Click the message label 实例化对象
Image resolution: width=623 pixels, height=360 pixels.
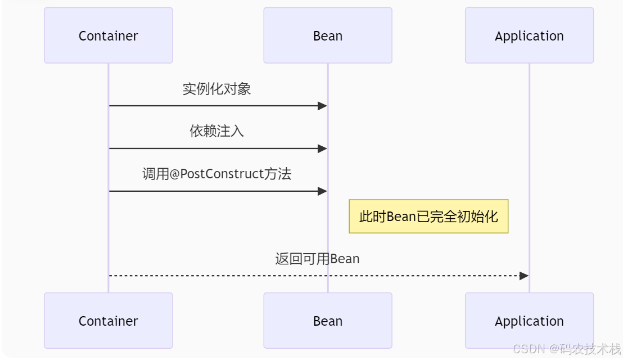[x=216, y=89]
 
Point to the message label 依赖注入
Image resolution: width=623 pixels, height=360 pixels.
[x=216, y=131]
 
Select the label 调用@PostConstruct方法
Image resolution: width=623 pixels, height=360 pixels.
[x=216, y=174]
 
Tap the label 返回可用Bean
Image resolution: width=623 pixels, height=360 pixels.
[x=317, y=259]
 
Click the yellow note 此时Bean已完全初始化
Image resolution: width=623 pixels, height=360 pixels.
[x=428, y=217]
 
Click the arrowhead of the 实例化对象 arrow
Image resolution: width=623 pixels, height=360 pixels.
[x=322, y=106]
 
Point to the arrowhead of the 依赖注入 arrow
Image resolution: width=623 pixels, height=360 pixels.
[x=322, y=148]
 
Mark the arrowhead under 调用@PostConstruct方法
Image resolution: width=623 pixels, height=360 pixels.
[x=322, y=191]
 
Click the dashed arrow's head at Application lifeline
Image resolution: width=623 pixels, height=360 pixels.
[x=523, y=276]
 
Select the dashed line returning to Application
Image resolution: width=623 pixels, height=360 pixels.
[x=315, y=276]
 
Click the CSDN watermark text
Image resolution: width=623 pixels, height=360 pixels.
[x=566, y=349]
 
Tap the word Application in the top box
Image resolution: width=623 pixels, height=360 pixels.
[x=529, y=36]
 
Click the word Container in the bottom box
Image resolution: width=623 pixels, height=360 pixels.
[x=108, y=321]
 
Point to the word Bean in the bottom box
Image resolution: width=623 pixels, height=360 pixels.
[x=327, y=321]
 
